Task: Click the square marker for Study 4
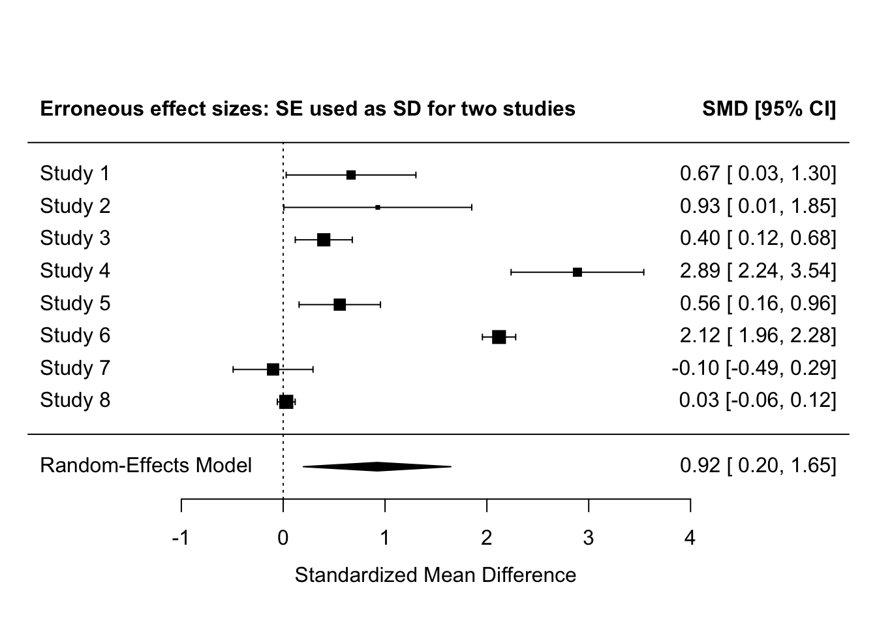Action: (x=577, y=272)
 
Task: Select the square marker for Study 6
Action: (x=499, y=337)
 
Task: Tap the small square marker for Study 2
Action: (x=378, y=207)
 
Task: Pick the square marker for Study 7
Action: (x=273, y=370)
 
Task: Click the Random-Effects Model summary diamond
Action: (x=377, y=466)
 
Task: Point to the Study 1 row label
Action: (x=75, y=174)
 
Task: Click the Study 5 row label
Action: (x=75, y=304)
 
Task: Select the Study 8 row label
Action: (x=75, y=400)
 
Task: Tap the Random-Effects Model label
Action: (x=146, y=466)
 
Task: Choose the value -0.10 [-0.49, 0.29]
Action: (x=754, y=368)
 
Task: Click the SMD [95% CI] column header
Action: (x=769, y=108)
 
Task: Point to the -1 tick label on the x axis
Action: (x=180, y=538)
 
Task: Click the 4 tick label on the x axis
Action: (x=690, y=538)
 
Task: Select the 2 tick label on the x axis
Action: (x=487, y=538)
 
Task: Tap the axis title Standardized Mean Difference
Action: (x=435, y=575)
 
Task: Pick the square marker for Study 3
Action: (x=324, y=240)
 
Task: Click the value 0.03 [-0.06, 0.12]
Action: (x=757, y=400)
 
